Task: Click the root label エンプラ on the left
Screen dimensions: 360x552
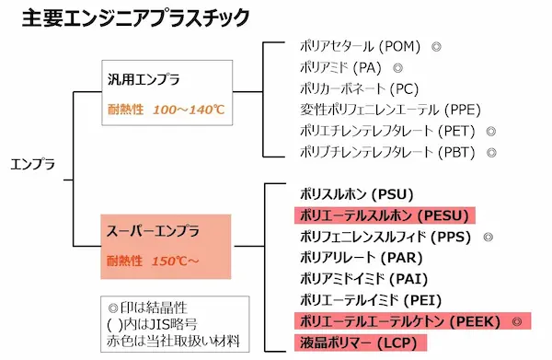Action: click(34, 164)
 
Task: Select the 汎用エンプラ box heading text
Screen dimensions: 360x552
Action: click(143, 79)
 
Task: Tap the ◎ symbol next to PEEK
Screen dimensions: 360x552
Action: click(517, 321)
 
